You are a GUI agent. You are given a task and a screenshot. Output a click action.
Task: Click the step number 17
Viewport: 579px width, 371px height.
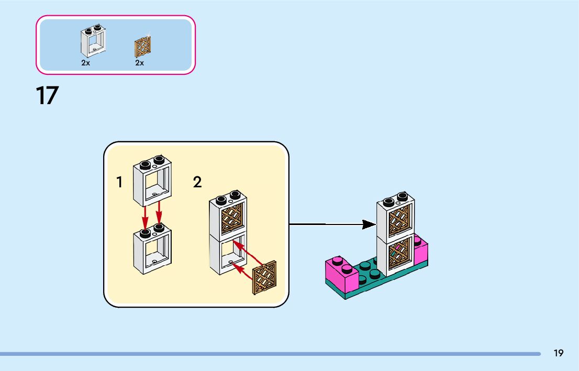pos(47,96)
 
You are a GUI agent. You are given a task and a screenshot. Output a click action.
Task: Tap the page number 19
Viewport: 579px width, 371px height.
pos(558,353)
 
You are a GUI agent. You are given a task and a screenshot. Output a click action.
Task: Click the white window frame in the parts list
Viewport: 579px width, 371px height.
pos(93,41)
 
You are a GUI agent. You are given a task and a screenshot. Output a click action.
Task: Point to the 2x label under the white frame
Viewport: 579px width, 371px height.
pos(86,63)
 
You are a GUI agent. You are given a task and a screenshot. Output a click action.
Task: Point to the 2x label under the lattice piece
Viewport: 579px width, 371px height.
pos(140,63)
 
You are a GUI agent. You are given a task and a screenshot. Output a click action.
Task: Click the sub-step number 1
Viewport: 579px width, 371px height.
pos(119,182)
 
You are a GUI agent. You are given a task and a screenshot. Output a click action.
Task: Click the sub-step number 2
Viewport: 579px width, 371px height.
pos(197,182)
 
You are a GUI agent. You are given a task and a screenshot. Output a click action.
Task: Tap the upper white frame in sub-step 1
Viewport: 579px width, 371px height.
pos(152,181)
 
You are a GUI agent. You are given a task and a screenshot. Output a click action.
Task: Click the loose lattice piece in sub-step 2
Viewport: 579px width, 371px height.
pos(264,277)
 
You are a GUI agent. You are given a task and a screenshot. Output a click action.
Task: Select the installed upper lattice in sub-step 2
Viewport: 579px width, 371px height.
pos(232,218)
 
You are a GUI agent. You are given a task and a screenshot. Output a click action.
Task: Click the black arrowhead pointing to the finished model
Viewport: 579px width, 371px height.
pos(369,224)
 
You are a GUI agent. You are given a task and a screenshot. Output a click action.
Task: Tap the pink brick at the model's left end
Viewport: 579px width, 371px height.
pos(341,273)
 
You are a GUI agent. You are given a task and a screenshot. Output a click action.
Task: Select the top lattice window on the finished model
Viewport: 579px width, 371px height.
pos(399,220)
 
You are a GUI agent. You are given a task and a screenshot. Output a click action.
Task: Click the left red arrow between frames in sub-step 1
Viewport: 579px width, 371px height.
pos(145,218)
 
